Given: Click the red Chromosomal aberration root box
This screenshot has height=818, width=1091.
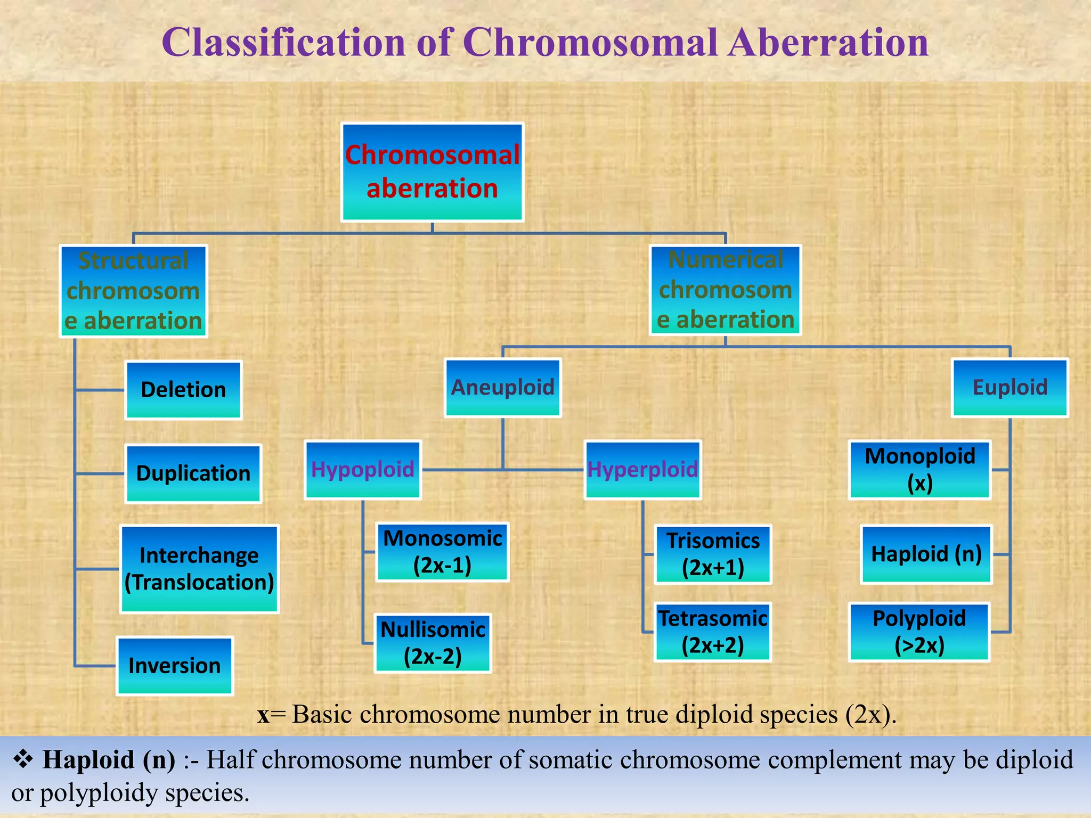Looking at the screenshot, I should click(x=432, y=172).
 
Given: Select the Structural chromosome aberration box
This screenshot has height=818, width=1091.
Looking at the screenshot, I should click(x=133, y=291).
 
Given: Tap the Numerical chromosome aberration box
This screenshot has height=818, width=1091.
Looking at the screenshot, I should click(x=725, y=290).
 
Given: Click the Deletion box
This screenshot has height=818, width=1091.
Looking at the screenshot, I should click(x=183, y=390).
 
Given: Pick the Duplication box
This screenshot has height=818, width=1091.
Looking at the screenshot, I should click(x=193, y=473).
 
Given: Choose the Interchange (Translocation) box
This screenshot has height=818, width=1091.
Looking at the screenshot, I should click(x=199, y=569).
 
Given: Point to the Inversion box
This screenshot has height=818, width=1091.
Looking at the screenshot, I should click(x=175, y=666).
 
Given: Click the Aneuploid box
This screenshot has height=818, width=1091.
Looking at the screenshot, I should click(x=502, y=387).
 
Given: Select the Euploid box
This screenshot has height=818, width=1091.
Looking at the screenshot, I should click(x=1009, y=387).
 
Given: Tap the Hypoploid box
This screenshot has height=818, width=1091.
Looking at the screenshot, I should click(x=363, y=470).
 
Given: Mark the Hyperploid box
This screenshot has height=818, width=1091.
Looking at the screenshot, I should click(x=642, y=470).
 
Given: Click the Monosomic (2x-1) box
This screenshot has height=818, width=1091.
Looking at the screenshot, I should click(x=442, y=552).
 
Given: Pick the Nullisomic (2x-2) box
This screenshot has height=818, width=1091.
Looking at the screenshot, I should click(x=433, y=643).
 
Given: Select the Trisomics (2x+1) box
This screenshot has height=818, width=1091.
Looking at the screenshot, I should click(x=713, y=554).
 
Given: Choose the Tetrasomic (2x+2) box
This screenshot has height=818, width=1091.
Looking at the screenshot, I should click(x=712, y=632).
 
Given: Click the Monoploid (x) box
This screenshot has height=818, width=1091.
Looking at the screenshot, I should click(x=919, y=470).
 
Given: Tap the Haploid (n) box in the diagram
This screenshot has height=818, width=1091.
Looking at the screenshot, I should click(x=926, y=554).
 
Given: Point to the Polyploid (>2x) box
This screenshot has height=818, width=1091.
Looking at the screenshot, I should click(x=919, y=632).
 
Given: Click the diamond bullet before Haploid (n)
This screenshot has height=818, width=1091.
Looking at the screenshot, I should click(x=23, y=759).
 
